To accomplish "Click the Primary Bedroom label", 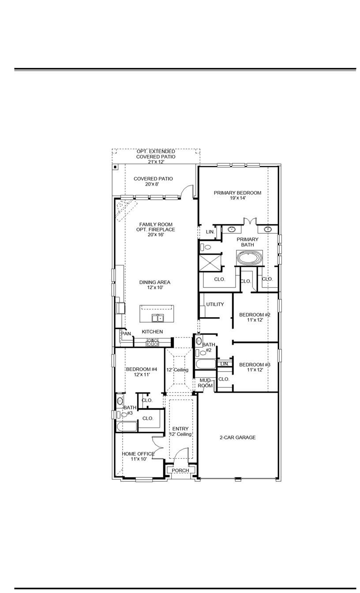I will pos(237,195).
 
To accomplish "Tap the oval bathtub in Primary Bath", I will pos(249,258).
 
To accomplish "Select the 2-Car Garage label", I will pos(237,438).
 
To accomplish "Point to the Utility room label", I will pos(215,304).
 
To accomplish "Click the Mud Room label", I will pos(205,383).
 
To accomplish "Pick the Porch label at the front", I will pos(180,470).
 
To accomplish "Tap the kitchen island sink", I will pos(157,318).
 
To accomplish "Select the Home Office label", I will pos(138,456).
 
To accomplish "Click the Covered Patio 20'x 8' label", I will pos(153,181).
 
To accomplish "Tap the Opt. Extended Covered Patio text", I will pos(155,157).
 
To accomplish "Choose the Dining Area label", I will pos(154,285).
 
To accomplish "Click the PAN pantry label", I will pos(126,334).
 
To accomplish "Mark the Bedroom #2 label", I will pos(255,317).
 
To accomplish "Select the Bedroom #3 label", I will pos(255,367).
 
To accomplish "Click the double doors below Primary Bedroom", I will pos(250,221).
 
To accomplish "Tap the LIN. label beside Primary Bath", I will pos(210,232).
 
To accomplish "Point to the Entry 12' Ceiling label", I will pos(180,432).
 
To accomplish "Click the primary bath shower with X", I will pos(210,263).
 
